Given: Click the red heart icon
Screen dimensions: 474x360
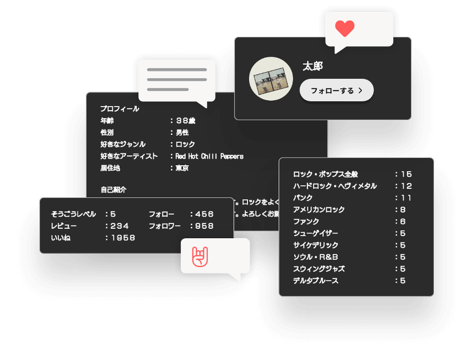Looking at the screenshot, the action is [x=344, y=28].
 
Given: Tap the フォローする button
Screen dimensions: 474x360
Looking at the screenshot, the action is [x=337, y=90].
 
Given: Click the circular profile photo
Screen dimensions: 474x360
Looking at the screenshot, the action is [x=271, y=79].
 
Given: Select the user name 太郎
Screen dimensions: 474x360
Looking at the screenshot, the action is [x=313, y=66].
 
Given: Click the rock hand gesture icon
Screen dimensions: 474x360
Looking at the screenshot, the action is [x=200, y=256].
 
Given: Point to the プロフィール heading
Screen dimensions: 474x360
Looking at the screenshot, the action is [x=120, y=109].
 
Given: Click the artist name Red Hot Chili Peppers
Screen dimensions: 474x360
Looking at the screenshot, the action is [x=209, y=156].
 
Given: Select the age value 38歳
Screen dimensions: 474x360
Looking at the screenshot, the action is [x=185, y=120].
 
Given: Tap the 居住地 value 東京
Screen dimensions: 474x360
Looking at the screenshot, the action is [x=182, y=168].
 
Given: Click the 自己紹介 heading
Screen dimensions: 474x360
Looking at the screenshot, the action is [x=113, y=189].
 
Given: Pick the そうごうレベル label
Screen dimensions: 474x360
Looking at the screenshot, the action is [x=73, y=214].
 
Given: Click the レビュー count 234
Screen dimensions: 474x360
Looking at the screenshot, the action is [x=120, y=226].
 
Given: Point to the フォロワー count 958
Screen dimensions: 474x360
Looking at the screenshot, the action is [x=204, y=226].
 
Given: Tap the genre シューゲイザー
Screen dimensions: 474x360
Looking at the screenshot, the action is [x=316, y=233].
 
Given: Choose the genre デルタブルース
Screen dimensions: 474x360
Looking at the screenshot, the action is [x=316, y=280].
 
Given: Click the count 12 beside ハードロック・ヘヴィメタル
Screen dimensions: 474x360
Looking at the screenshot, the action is [x=406, y=186].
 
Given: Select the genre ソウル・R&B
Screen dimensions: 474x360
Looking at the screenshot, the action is [x=316, y=257].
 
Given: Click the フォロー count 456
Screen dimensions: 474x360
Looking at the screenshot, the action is [x=204, y=214].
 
